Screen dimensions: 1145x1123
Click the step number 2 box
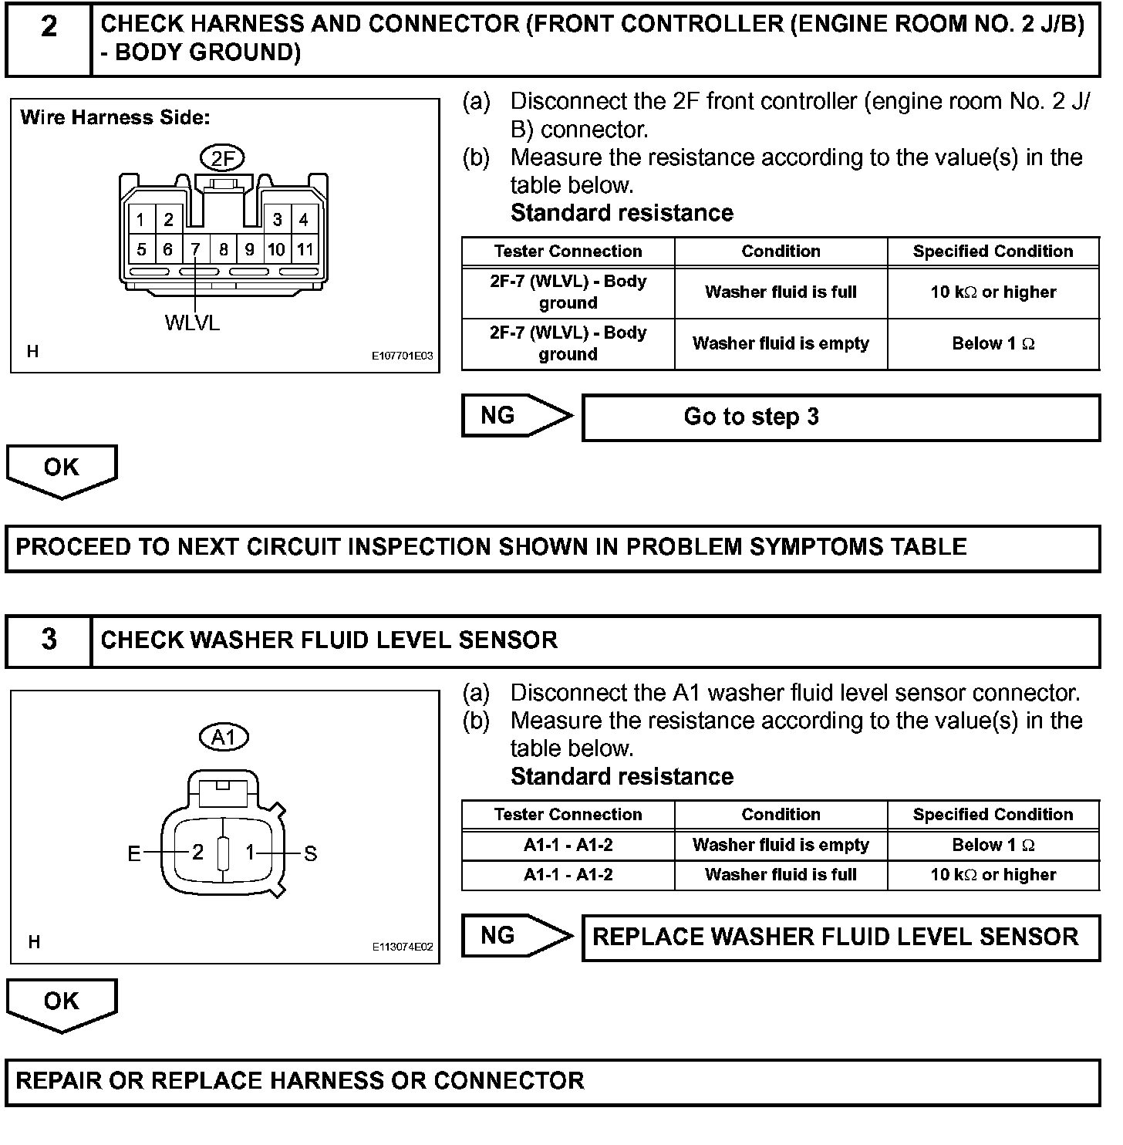(49, 38)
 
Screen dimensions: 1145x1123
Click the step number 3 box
(49, 640)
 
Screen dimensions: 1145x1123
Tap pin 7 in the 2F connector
(196, 249)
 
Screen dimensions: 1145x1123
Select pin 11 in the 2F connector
(305, 249)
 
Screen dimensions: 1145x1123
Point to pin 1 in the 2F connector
(141, 220)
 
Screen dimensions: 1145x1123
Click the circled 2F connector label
(222, 159)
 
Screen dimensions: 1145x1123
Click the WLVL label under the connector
(192, 323)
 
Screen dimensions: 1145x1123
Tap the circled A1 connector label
(223, 738)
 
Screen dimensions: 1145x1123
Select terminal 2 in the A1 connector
(197, 853)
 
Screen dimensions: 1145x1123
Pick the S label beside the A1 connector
(311, 853)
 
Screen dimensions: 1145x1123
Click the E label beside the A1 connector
(134, 853)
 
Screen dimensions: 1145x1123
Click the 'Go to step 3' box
(841, 417)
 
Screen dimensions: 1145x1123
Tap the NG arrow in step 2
(517, 416)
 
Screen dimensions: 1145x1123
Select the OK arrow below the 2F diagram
(62, 469)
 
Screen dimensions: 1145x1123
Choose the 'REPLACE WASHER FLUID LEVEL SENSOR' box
(841, 937)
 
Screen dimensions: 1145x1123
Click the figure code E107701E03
(402, 356)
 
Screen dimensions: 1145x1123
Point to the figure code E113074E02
(402, 947)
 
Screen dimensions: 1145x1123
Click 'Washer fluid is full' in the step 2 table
(781, 292)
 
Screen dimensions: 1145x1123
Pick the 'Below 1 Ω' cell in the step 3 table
(993, 845)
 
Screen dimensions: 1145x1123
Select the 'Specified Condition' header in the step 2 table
(993, 252)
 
